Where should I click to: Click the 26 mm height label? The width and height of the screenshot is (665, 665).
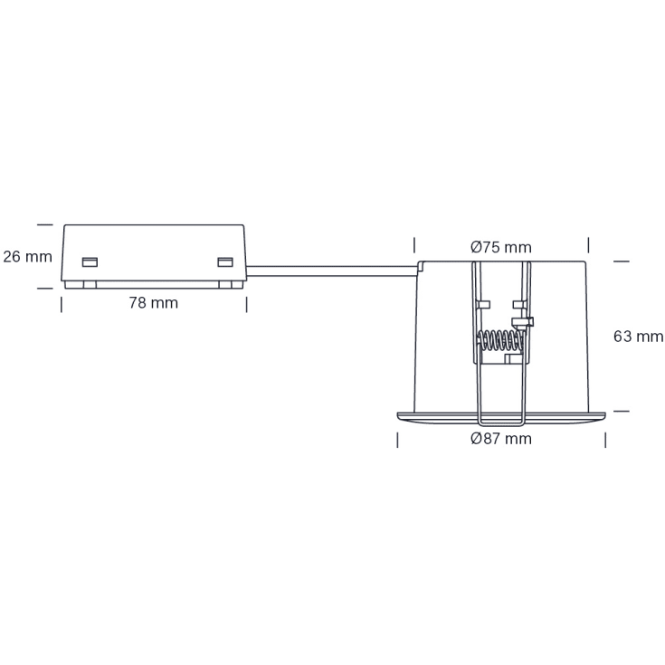[x=27, y=256]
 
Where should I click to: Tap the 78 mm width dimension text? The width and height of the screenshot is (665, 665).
[x=153, y=302]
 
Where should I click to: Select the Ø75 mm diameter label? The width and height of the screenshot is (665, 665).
[x=501, y=247]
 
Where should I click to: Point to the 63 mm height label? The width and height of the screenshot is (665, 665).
[x=638, y=337]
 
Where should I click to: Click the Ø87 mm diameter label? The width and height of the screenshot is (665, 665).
[x=501, y=439]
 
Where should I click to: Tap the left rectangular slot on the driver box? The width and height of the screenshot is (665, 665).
[x=89, y=262]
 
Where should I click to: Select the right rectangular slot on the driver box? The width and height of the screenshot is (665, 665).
[x=224, y=262]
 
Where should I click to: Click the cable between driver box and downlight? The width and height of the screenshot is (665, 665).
[x=330, y=266]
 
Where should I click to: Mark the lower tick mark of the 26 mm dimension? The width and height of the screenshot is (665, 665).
[x=44, y=289]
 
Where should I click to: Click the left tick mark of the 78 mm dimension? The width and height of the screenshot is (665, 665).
[x=62, y=303]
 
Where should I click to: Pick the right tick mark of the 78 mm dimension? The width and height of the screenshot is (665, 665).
[x=246, y=303]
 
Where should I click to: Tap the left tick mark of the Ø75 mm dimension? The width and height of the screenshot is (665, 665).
[x=414, y=245]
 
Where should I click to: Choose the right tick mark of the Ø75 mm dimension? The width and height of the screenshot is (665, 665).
[x=588, y=245]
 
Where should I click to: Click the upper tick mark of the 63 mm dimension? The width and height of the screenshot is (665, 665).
[x=621, y=261]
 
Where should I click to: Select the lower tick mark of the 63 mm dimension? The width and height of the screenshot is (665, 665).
[x=621, y=410]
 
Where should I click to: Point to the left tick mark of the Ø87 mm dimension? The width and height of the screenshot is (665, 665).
[x=397, y=440]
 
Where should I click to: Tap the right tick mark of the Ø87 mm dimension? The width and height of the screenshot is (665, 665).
[x=605, y=440]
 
